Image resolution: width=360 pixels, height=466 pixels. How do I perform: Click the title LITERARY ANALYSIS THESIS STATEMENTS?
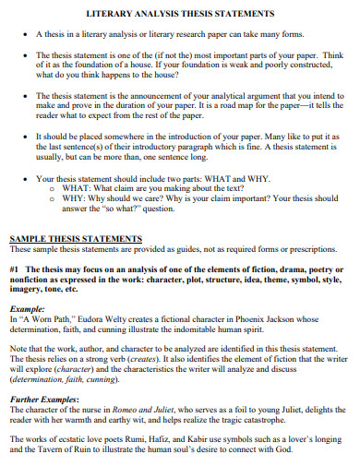click(180, 15)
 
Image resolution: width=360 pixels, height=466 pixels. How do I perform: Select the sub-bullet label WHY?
click(73, 198)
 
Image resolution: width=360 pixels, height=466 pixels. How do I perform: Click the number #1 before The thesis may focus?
click(16, 270)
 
